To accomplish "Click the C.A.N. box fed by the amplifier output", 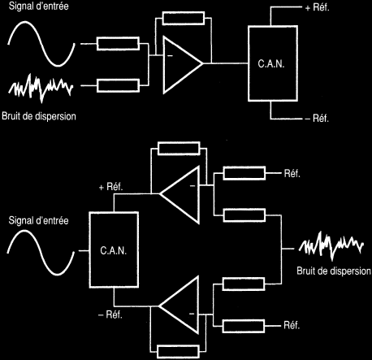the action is [273, 63].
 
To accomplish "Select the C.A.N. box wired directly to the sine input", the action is [114, 249].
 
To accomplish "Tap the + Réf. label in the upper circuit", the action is [317, 7].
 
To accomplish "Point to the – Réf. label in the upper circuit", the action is [317, 119].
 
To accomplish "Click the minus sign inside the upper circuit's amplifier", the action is [170, 56].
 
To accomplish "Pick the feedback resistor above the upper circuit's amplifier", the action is [184, 19].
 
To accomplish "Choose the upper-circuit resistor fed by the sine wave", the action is [118, 44].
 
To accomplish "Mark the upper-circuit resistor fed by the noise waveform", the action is [118, 85].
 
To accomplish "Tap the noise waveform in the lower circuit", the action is [331, 246].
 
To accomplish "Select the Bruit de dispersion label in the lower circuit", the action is [334, 271].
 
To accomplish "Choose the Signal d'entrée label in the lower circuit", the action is [38, 220].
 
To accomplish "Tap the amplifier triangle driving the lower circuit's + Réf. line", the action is [180, 195].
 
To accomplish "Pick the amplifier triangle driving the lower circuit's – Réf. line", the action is [179, 306].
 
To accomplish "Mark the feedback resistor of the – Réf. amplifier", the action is [178, 352].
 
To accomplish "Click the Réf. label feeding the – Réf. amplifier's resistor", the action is [292, 325].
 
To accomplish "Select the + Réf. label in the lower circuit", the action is [111, 187].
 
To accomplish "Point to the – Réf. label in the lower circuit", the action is [110, 314].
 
